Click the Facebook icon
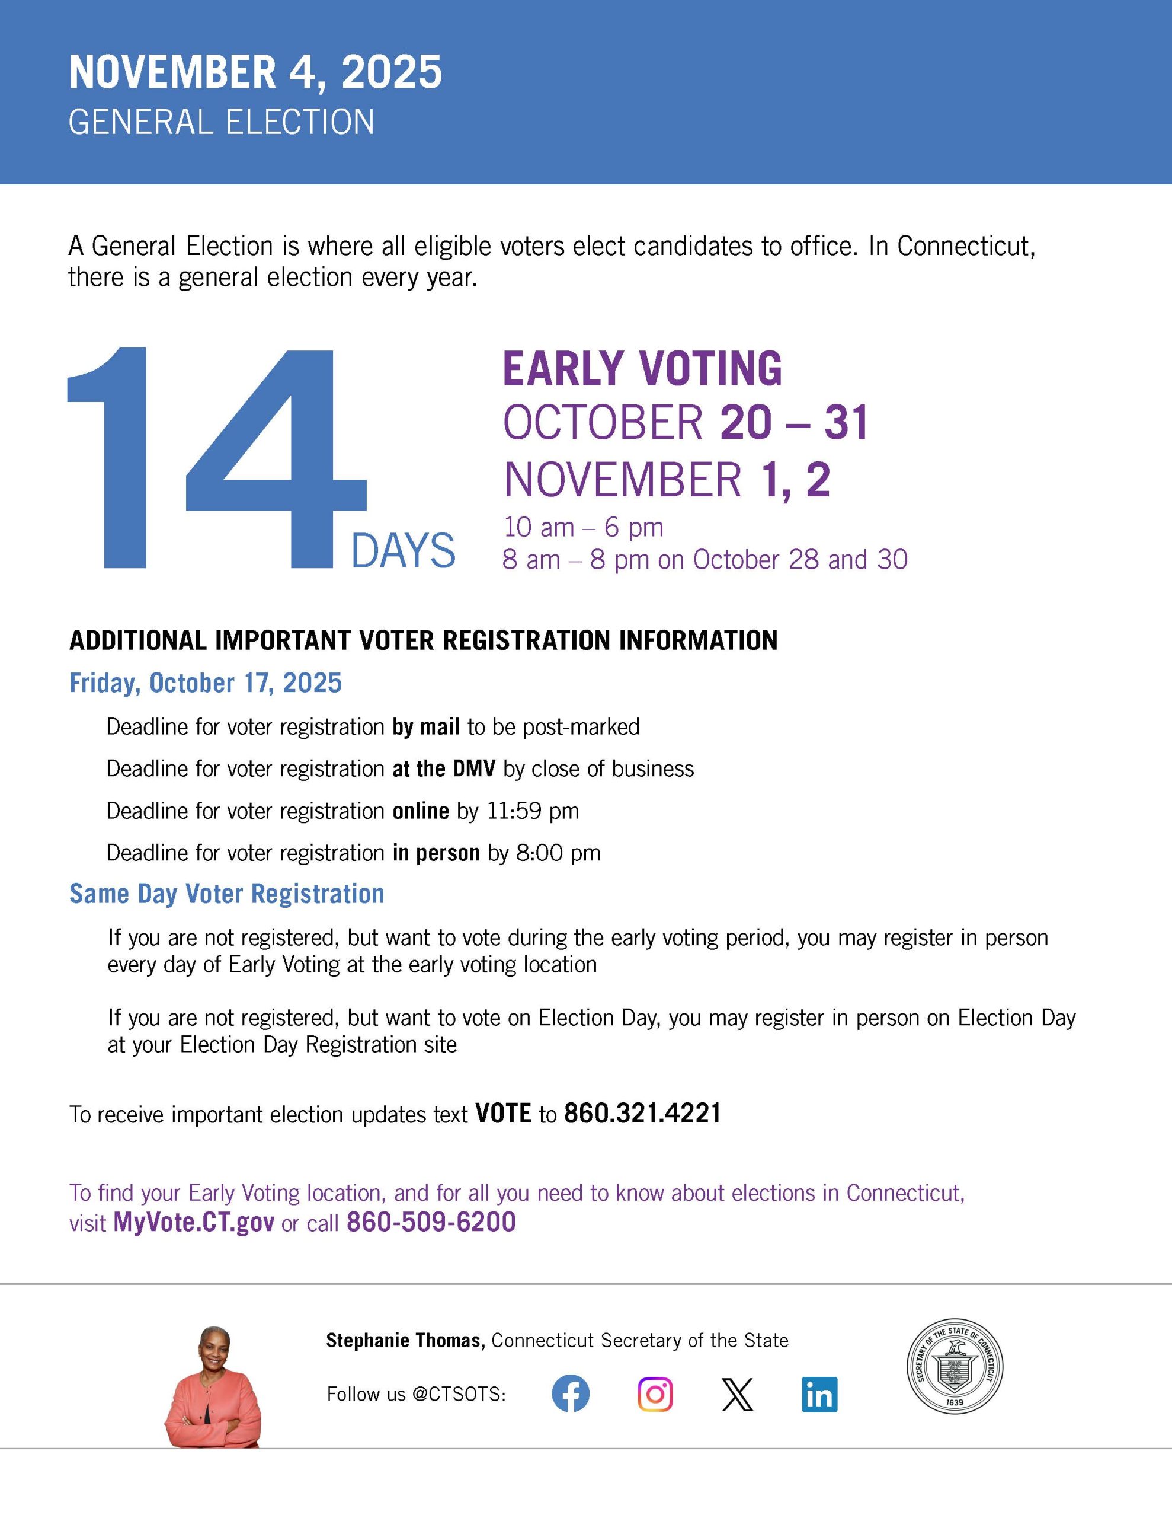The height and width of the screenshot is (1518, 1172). click(x=571, y=1393)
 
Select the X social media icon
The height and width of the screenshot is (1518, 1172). click(x=737, y=1394)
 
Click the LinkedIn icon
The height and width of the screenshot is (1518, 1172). click(x=820, y=1394)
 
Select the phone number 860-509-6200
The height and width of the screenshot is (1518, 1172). click(x=431, y=1222)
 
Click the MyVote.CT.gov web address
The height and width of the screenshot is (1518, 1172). click(x=194, y=1222)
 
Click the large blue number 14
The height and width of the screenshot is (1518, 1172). click(x=215, y=459)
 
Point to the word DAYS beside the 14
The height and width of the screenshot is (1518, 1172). click(x=403, y=551)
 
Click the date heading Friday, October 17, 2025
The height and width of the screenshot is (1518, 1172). click(x=206, y=683)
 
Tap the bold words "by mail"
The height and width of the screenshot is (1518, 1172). click(x=426, y=727)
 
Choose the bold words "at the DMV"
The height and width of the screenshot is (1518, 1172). click(x=443, y=768)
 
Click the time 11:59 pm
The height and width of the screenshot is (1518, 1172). click(x=532, y=811)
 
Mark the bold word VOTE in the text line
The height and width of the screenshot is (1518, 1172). click(x=503, y=1114)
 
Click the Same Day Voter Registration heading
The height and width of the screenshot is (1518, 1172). click(x=226, y=894)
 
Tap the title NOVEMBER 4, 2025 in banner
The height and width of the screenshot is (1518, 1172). click(x=255, y=72)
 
